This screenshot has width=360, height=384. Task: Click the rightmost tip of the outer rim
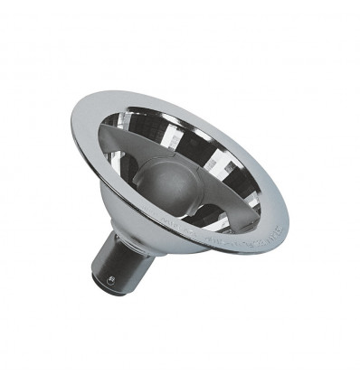click(287, 194)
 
